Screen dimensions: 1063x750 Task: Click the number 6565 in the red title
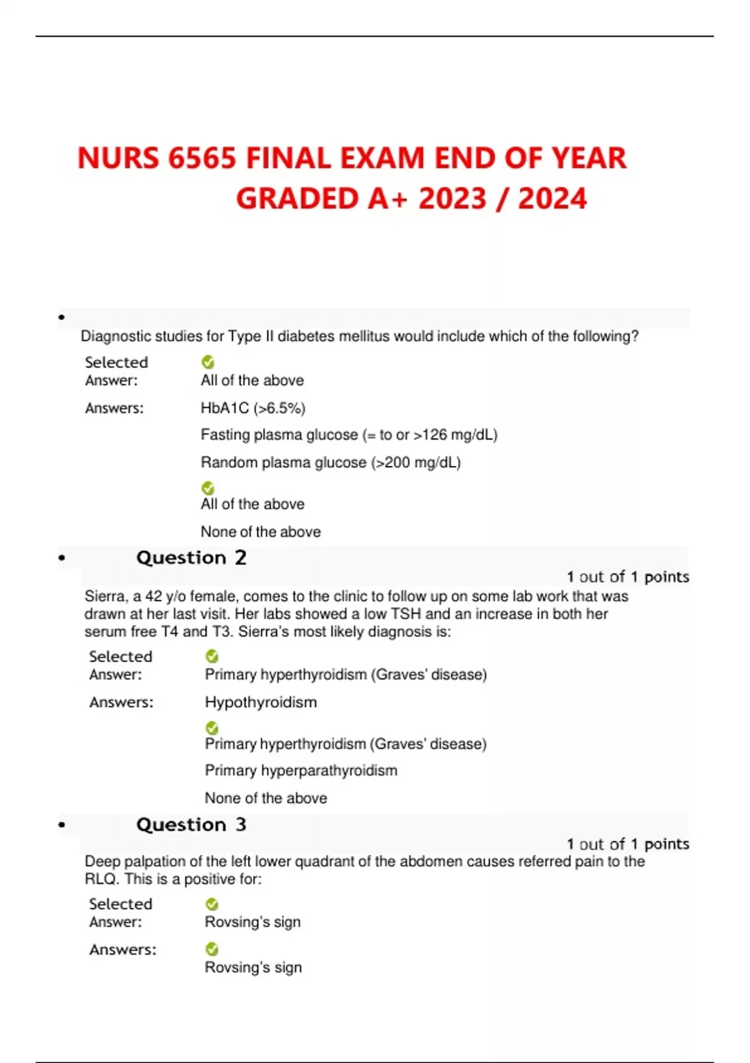click(x=202, y=158)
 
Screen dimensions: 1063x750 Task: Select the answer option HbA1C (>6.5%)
click(x=252, y=408)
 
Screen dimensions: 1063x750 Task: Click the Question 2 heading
click(x=191, y=558)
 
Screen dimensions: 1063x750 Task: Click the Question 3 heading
click(x=191, y=825)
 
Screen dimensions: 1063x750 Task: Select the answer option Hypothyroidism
click(x=261, y=702)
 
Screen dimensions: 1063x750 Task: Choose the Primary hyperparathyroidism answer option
click(x=301, y=770)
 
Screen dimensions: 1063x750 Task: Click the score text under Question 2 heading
click(x=627, y=577)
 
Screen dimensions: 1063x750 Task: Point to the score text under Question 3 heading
click(x=627, y=844)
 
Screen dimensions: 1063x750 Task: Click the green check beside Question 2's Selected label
click(x=212, y=656)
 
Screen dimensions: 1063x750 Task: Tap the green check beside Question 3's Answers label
click(x=212, y=949)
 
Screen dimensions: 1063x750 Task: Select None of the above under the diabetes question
click(x=261, y=532)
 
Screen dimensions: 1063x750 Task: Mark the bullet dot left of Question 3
click(x=61, y=825)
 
